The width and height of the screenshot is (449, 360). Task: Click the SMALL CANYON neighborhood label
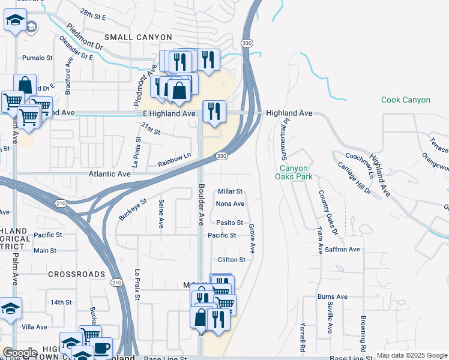pos(138,37)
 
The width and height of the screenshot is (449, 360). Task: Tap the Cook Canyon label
pos(406,100)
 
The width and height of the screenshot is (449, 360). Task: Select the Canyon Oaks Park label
pos(292,173)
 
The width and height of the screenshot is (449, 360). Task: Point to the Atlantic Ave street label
pos(109,173)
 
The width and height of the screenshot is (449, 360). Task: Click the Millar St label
pos(230,191)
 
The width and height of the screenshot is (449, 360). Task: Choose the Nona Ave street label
pos(230,204)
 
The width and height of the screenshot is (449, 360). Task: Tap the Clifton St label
pos(232,260)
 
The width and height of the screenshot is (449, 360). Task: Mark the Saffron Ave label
pos(343,249)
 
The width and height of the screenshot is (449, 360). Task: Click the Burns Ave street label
pos(333,296)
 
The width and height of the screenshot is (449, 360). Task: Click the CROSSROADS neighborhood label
pos(77,274)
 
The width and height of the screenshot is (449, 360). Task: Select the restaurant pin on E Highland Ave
pos(214,111)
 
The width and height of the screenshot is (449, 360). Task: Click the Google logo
pos(20,353)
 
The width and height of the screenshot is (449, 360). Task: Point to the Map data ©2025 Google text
pos(411,355)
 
